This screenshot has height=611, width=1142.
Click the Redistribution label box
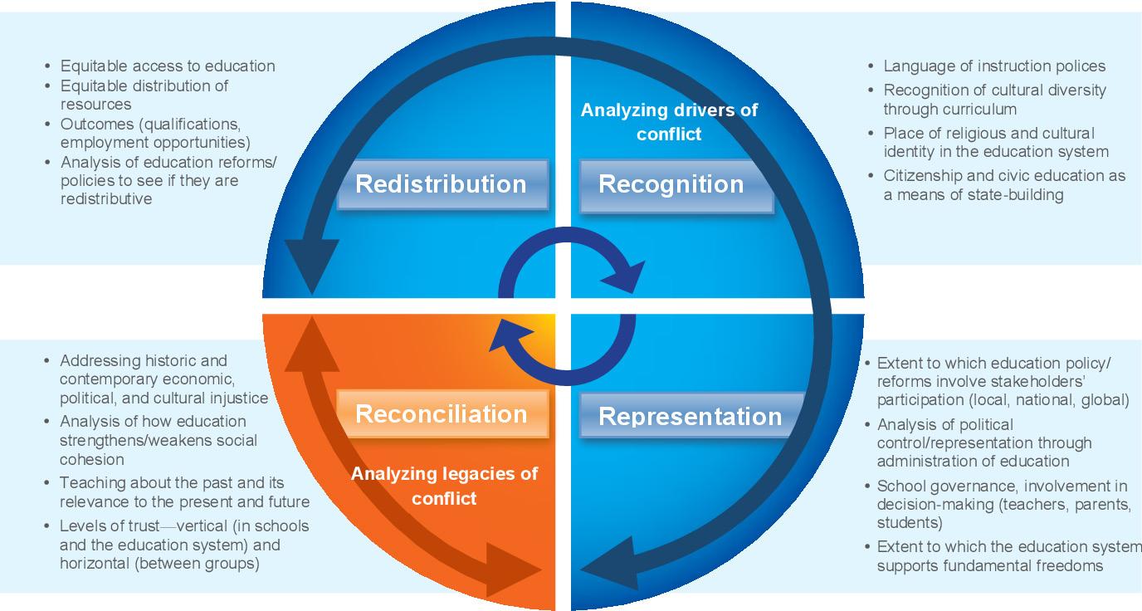click(442, 183)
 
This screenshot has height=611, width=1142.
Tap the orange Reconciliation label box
click(442, 413)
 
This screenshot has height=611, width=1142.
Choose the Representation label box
click(690, 415)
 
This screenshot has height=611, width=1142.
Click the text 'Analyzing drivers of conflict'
click(669, 121)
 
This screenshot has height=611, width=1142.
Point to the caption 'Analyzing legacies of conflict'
click(444, 486)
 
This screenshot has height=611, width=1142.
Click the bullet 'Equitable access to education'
click(168, 66)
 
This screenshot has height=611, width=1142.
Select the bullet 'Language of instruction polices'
click(994, 66)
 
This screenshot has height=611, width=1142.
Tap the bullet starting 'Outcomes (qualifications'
click(155, 133)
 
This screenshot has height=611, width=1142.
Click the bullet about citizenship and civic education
click(1004, 185)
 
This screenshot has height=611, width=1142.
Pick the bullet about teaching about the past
click(184, 492)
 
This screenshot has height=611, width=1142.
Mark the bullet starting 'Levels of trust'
click(184, 545)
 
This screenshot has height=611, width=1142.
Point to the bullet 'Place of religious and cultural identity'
click(996, 142)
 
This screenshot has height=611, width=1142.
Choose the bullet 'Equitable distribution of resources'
click(144, 95)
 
